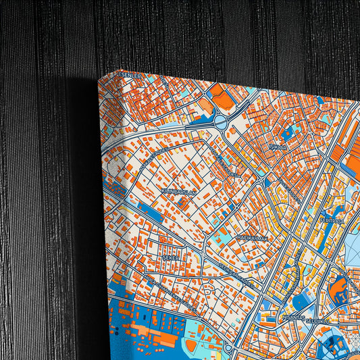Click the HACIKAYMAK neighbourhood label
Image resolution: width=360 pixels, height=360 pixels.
coord(253,238)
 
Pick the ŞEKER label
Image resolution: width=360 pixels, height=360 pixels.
coord(169,258)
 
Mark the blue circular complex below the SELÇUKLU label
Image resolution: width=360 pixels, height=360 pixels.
coord(333,344)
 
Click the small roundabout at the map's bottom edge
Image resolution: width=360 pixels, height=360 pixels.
coord(228,349)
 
